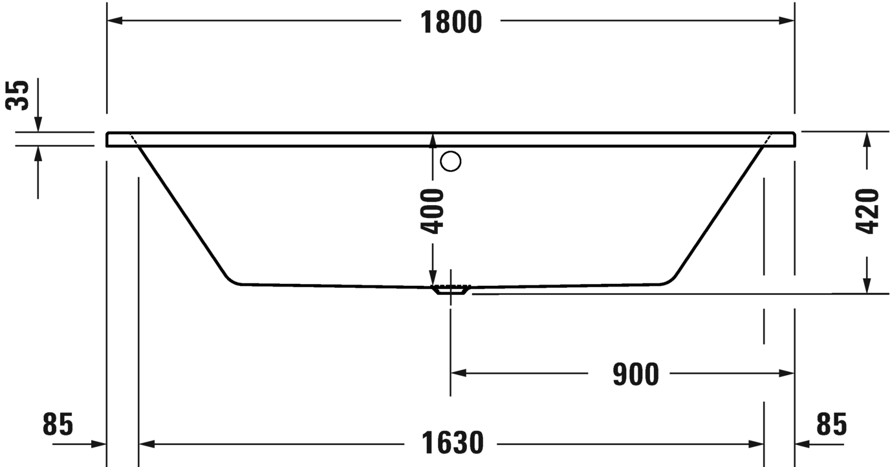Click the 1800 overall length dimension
(x=451, y=22)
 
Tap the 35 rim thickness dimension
(x=17, y=95)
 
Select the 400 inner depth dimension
(x=432, y=211)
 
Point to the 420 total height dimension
(x=867, y=211)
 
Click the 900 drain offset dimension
(x=636, y=374)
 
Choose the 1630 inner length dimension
(x=452, y=443)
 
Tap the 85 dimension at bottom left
(x=58, y=424)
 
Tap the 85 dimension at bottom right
(x=832, y=424)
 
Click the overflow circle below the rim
(x=451, y=161)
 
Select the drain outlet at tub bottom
(x=451, y=290)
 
